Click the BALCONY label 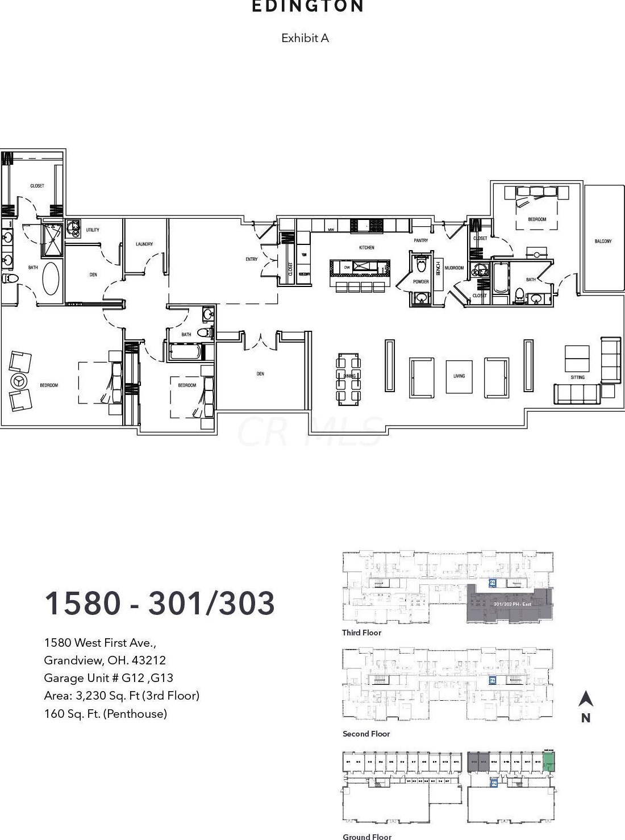click(x=603, y=241)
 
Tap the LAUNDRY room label click(x=144, y=244)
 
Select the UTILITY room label click(x=92, y=230)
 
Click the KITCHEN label click(x=366, y=248)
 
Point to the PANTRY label click(x=420, y=240)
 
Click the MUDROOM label click(x=454, y=268)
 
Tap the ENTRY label click(x=251, y=259)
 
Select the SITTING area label click(x=577, y=377)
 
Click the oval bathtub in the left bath click(x=51, y=278)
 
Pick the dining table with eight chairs click(x=348, y=378)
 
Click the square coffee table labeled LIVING click(x=459, y=376)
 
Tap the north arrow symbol click(x=585, y=699)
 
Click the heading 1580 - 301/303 click(x=160, y=603)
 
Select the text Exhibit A click(x=305, y=38)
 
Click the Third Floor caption click(x=361, y=633)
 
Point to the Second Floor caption click(x=366, y=734)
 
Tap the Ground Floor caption click(x=366, y=836)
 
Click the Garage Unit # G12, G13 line click(x=109, y=678)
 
